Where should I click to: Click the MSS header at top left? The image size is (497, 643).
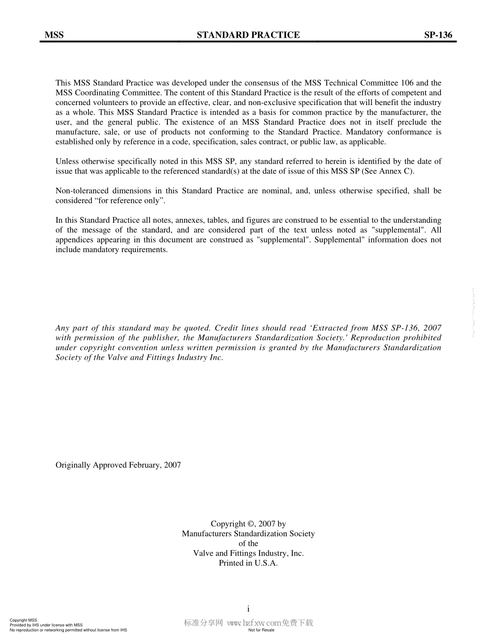click(x=54, y=35)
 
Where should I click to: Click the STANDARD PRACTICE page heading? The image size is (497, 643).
click(x=248, y=35)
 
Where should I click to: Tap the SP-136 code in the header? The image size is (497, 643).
click(x=438, y=35)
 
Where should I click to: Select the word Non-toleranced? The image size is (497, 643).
click(x=80, y=191)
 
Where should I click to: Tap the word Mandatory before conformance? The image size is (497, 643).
click(x=363, y=132)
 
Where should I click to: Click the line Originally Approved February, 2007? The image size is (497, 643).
click(x=118, y=465)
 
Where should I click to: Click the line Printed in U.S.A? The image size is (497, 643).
click(x=248, y=563)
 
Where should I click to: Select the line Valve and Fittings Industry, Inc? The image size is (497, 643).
click(x=248, y=553)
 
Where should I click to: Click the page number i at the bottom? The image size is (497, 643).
click(x=248, y=608)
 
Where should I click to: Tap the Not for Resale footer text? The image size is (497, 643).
click(x=261, y=630)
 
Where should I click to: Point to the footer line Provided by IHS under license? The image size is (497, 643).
click(x=46, y=625)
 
